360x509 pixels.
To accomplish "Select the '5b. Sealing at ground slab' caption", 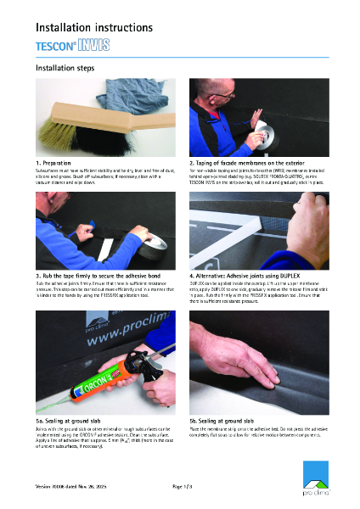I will (228, 421).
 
